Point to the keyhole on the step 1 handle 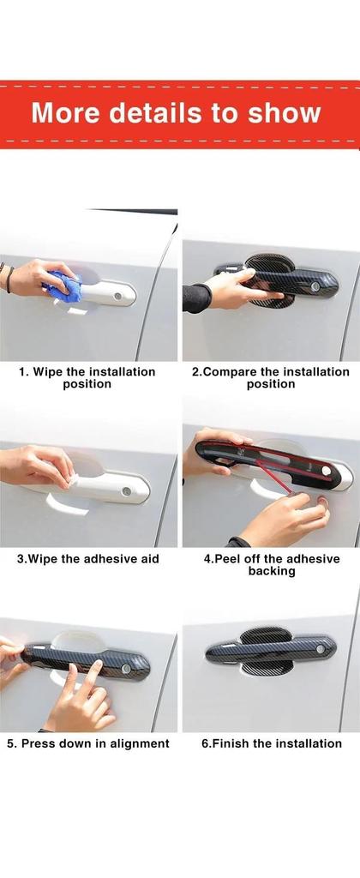tap(118, 295)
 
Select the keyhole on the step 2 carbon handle tap(315, 286)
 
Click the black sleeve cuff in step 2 tap(196, 298)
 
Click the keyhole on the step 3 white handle tap(127, 491)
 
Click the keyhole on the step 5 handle tap(127, 668)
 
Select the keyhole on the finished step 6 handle tap(320, 649)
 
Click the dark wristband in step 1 tap(8, 279)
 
